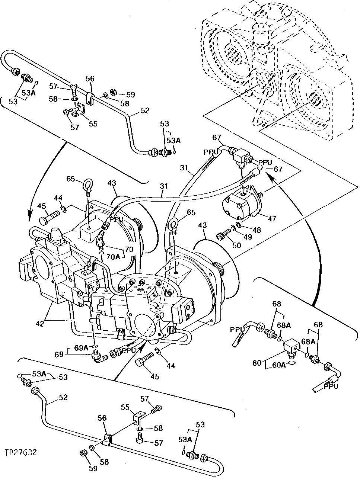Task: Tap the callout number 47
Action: (272, 218)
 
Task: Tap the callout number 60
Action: (257, 363)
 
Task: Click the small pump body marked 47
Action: (238, 204)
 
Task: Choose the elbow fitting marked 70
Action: (101, 238)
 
